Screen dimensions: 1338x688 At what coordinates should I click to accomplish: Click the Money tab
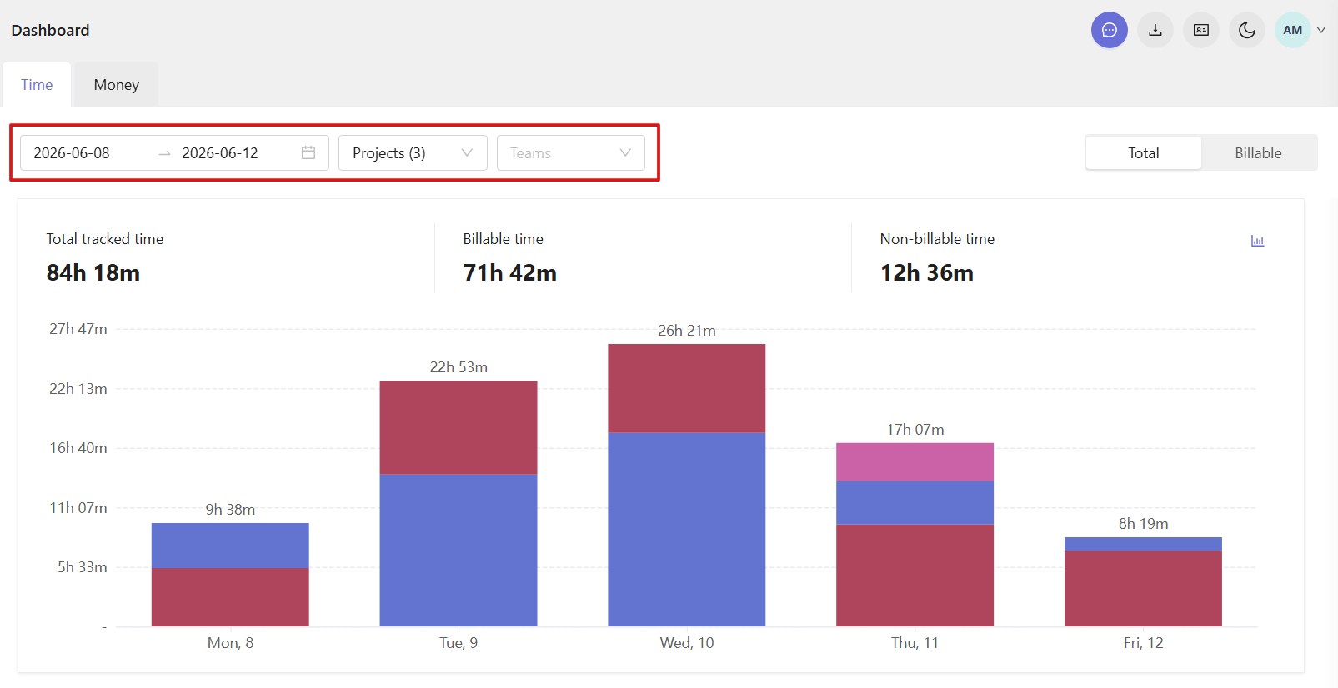click(x=117, y=85)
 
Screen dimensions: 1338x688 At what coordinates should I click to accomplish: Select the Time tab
click(x=37, y=85)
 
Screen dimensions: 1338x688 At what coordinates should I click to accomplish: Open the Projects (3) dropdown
click(x=413, y=152)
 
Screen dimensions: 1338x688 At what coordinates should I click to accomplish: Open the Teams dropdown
click(x=570, y=152)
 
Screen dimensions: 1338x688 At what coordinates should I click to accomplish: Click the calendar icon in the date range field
click(x=308, y=152)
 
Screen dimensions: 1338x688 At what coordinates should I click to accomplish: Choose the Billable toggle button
click(x=1258, y=152)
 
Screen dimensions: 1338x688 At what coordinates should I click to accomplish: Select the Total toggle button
click(x=1143, y=152)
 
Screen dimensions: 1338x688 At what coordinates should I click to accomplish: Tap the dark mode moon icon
click(x=1246, y=30)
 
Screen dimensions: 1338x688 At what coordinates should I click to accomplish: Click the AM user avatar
click(x=1293, y=30)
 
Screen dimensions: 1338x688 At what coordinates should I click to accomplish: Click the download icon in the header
click(x=1155, y=30)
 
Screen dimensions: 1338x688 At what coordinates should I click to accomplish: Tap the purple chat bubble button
click(x=1110, y=30)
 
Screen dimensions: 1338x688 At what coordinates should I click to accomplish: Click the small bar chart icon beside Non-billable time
click(x=1257, y=241)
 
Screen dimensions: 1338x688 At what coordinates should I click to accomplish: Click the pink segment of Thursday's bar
click(x=915, y=461)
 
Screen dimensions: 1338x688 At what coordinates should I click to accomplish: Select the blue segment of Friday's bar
click(x=1143, y=544)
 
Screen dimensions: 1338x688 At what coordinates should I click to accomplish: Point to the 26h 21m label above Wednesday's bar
click(x=686, y=331)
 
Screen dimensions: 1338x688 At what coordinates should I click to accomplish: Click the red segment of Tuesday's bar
click(x=459, y=428)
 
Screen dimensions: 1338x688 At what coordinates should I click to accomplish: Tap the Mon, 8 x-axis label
click(x=230, y=643)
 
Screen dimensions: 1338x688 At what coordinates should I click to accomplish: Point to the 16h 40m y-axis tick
click(x=78, y=448)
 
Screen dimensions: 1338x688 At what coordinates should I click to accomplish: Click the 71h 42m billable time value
click(x=509, y=272)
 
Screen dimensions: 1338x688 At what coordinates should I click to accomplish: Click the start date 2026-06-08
click(x=72, y=153)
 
